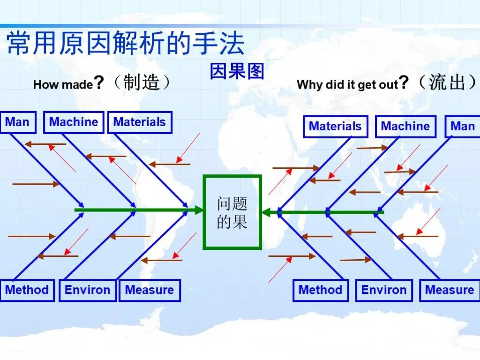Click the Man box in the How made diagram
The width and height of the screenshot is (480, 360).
[17, 122]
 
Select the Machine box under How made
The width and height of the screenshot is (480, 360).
[74, 122]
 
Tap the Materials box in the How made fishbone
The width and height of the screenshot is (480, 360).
[140, 122]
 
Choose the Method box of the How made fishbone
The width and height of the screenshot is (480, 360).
[27, 290]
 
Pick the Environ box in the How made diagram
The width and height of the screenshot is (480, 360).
[87, 290]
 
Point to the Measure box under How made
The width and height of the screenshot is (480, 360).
[150, 290]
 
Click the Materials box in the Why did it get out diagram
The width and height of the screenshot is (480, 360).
[335, 126]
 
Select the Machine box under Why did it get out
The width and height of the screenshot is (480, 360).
[405, 126]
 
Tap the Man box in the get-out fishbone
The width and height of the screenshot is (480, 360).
[462, 126]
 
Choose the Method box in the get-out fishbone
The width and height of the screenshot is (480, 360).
[321, 290]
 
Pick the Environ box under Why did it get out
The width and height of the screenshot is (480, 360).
[384, 290]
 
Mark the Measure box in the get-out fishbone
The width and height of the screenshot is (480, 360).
[449, 290]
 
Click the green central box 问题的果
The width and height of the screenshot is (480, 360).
[232, 212]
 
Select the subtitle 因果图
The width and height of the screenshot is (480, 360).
[237, 71]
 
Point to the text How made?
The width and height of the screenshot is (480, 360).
[68, 84]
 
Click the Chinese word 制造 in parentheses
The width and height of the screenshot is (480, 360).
[141, 83]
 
